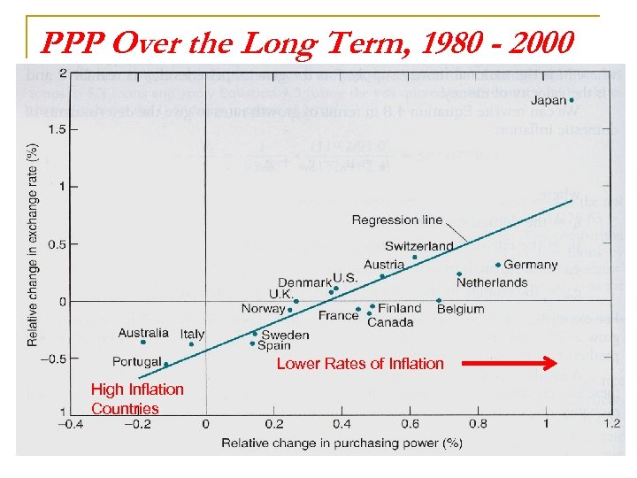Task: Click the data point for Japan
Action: (572, 100)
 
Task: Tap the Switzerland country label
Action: (418, 246)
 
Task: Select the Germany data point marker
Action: (498, 265)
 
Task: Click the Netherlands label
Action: (492, 282)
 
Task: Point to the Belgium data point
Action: (439, 301)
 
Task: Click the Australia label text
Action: (143, 333)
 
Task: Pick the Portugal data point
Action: (165, 364)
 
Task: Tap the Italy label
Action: (192, 334)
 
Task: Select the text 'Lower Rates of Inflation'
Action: (360, 363)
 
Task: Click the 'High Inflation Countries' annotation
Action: (137, 398)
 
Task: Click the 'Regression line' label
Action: (397, 220)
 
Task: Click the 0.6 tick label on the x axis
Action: (411, 424)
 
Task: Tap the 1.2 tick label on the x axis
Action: (612, 424)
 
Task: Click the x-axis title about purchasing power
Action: (342, 442)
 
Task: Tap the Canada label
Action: (390, 322)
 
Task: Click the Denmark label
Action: (304, 283)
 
